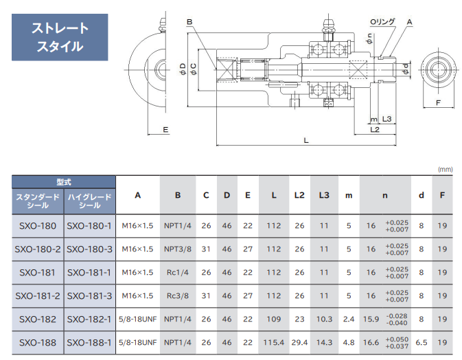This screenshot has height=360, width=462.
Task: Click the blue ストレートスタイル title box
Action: (x=60, y=37)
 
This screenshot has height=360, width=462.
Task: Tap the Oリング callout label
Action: (x=382, y=22)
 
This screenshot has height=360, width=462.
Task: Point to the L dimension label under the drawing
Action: (x=306, y=140)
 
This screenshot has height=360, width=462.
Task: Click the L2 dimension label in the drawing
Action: (x=375, y=129)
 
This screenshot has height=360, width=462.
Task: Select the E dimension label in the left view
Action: (x=165, y=129)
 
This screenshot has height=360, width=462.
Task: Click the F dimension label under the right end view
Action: (x=438, y=102)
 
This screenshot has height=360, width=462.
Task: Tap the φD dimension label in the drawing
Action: (x=183, y=69)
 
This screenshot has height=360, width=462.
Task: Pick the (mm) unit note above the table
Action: (x=446, y=169)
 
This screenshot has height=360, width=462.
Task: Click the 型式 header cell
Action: (x=64, y=182)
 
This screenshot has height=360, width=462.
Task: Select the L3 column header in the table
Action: (x=324, y=195)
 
